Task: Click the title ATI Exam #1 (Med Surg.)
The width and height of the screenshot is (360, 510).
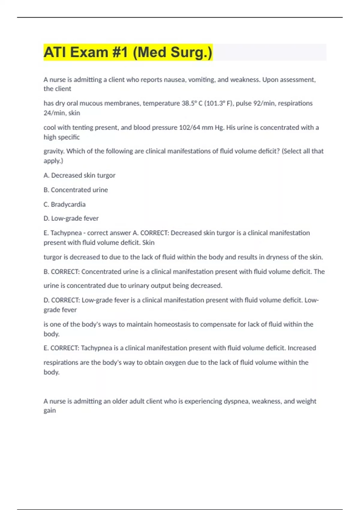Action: click(x=128, y=52)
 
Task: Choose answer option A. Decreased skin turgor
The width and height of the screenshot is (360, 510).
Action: click(x=79, y=175)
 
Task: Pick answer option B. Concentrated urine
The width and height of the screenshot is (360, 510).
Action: click(x=76, y=190)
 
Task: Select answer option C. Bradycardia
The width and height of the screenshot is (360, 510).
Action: click(x=64, y=204)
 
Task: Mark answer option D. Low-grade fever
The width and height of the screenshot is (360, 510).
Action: click(x=71, y=218)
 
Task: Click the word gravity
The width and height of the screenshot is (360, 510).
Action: click(x=54, y=151)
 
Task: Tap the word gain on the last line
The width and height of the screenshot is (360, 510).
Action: click(x=50, y=410)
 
